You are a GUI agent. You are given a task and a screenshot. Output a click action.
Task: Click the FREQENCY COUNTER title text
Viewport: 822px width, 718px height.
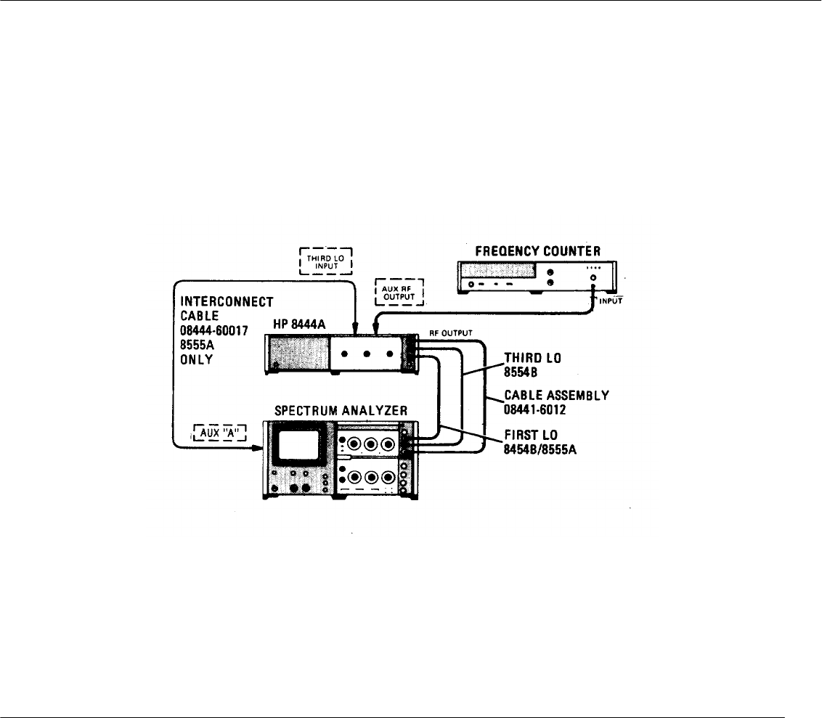click(x=537, y=251)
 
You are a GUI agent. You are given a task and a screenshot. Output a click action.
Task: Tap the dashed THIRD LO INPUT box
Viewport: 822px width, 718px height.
click(x=325, y=259)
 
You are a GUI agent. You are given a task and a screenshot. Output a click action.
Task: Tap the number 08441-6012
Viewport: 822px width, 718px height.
click(x=533, y=409)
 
